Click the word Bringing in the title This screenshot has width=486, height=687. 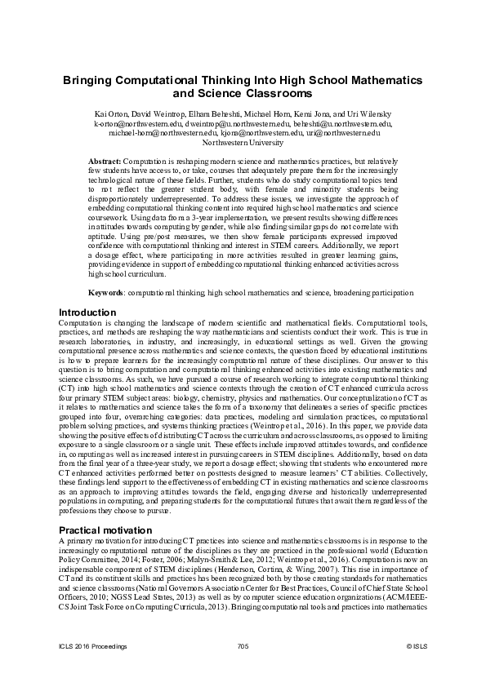(x=92, y=82)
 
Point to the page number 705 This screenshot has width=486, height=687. (x=243, y=646)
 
